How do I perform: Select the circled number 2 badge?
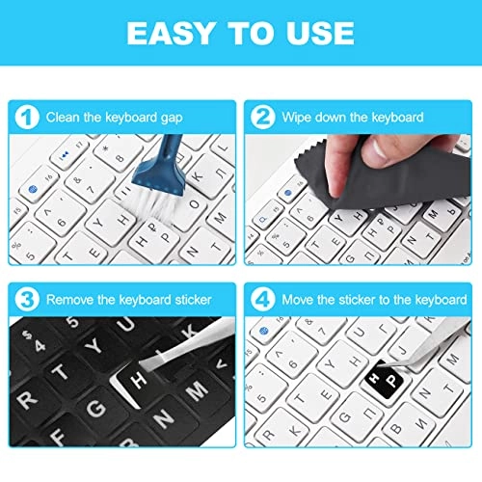click(x=261, y=118)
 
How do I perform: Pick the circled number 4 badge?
click(x=261, y=299)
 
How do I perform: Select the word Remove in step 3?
click(x=73, y=299)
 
